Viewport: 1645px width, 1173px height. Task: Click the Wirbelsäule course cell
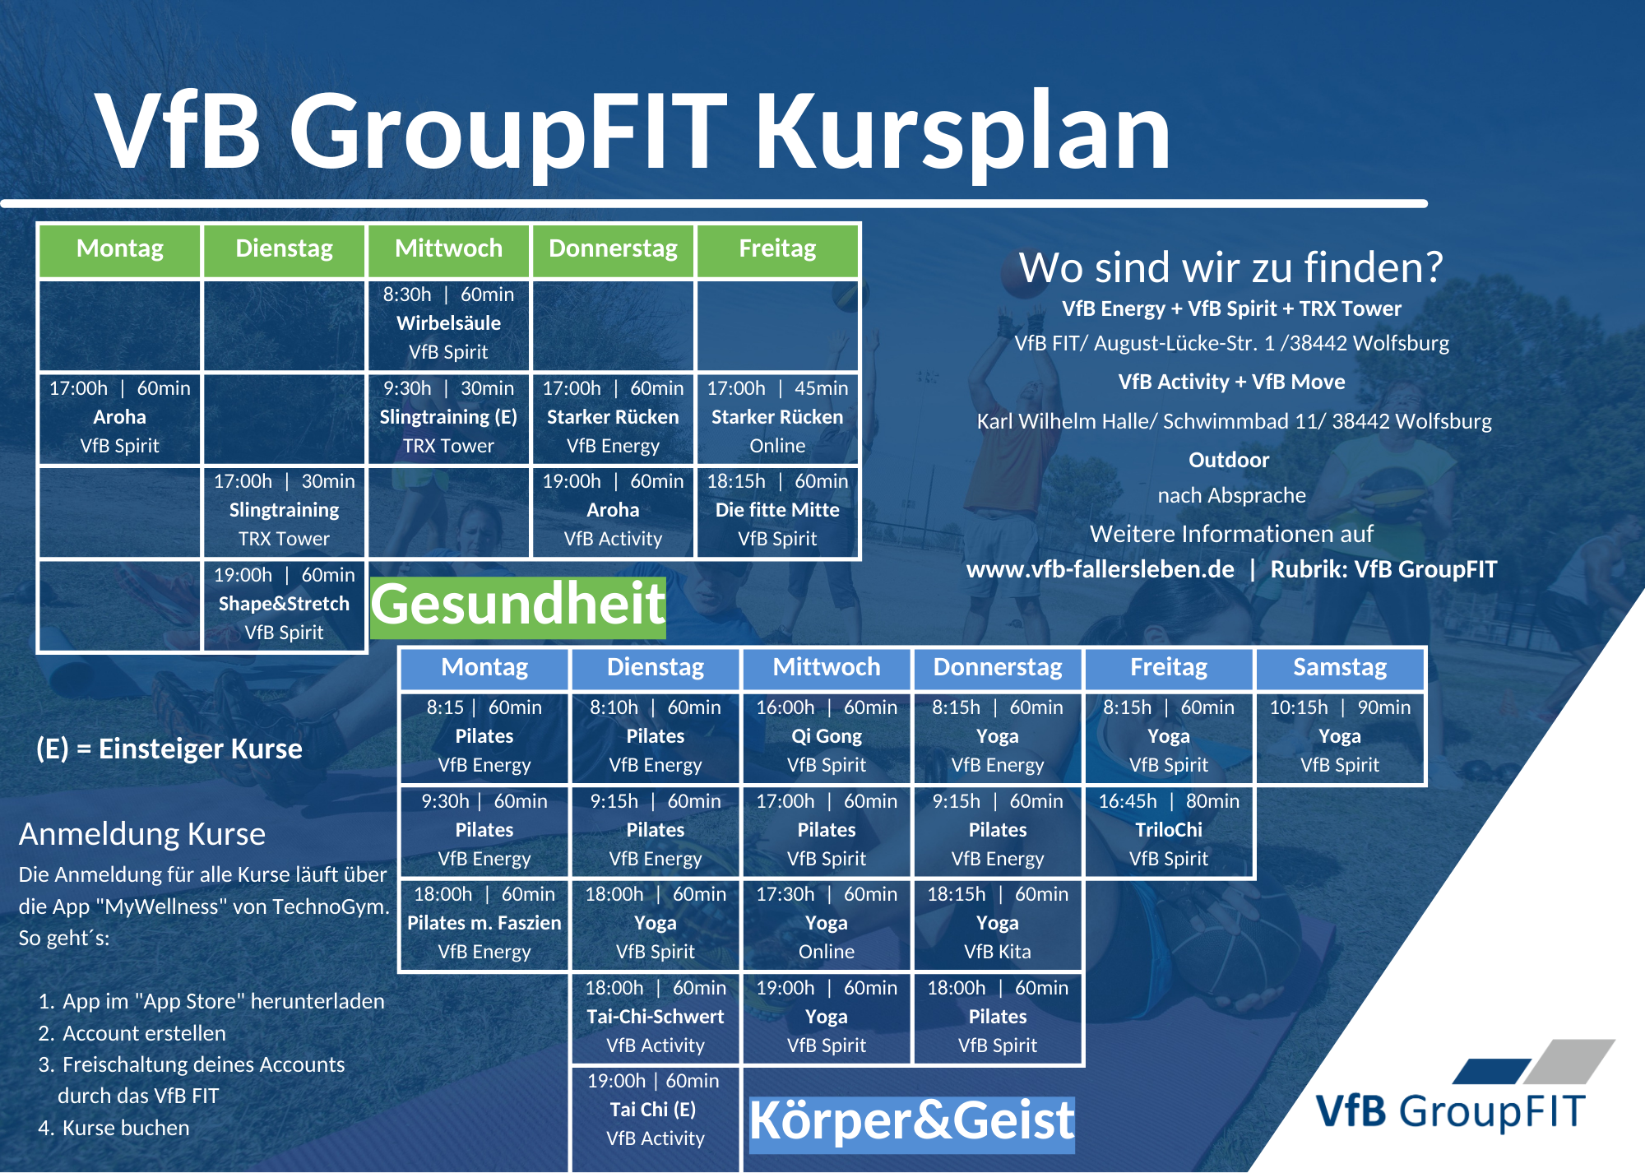coord(448,324)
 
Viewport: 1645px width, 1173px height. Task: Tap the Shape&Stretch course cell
coord(284,605)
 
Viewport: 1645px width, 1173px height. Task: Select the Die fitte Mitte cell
coord(777,511)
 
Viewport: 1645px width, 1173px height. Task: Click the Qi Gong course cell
coord(827,737)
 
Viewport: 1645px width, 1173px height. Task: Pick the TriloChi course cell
coord(1169,831)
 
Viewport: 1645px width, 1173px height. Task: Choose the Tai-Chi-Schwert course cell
coord(656,1018)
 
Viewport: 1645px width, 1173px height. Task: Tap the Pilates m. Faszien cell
coord(484,924)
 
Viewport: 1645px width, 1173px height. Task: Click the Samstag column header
coord(1340,668)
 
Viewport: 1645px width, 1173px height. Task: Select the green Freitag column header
coord(777,249)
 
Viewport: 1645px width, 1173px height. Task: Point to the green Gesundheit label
coord(518,605)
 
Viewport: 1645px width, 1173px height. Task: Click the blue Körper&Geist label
coord(911,1122)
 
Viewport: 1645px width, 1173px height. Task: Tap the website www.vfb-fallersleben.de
coord(1101,569)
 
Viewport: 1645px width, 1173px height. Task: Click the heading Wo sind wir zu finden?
coord(1231,267)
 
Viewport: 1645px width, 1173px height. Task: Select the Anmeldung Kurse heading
coord(142,834)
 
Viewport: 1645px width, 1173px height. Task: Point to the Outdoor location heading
coord(1229,460)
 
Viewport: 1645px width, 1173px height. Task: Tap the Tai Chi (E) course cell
coord(656,1110)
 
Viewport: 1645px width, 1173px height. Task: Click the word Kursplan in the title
coord(962,132)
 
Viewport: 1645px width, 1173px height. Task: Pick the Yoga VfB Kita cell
coord(998,924)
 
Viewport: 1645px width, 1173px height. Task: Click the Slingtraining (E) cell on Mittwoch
coord(448,418)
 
